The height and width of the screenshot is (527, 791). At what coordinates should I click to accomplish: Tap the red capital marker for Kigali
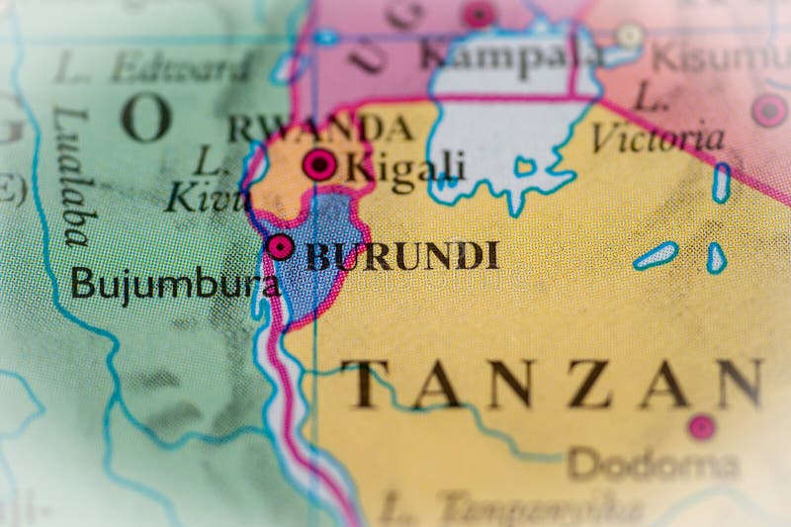[x=319, y=164]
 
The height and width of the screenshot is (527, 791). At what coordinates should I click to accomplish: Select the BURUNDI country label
[x=401, y=256]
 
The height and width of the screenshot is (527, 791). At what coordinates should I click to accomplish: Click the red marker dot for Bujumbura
[x=281, y=246]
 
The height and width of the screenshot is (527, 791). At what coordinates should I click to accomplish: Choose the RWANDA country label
[x=320, y=129]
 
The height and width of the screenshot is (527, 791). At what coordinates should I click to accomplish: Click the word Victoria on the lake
[x=658, y=137]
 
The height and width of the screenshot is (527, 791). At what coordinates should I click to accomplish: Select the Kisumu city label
[x=721, y=56]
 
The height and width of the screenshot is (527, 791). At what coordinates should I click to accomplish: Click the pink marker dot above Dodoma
[x=701, y=427]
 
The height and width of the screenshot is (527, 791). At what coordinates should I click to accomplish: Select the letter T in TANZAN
[x=362, y=385]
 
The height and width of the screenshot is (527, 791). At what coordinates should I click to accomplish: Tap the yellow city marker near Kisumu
[x=630, y=36]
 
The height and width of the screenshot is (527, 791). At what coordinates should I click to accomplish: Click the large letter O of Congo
[x=145, y=119]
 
